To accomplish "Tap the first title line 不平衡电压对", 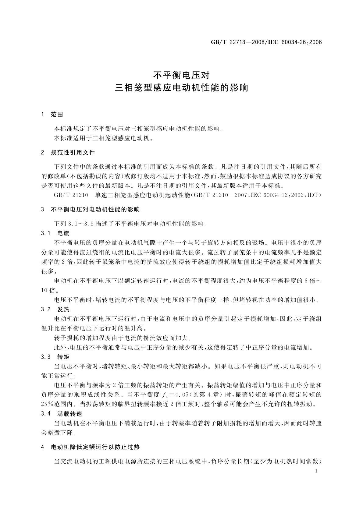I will pyautogui.click(x=181, y=75).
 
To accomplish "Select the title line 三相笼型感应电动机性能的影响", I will pyautogui.click(x=181, y=88).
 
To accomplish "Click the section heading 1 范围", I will pyautogui.click(x=52, y=115).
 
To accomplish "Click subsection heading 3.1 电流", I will pyautogui.click(x=55, y=233).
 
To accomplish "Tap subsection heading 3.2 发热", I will pyautogui.click(x=55, y=310).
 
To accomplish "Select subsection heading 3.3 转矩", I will pyautogui.click(x=55, y=357).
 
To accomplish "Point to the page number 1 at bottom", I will pyautogui.click(x=316, y=471).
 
